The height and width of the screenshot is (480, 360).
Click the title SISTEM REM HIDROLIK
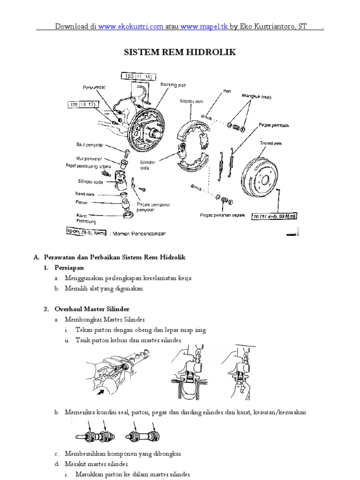[180, 52]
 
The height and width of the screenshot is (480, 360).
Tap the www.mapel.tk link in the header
[204, 27]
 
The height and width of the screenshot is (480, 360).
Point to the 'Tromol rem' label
[270, 143]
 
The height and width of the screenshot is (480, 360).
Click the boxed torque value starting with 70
[277, 217]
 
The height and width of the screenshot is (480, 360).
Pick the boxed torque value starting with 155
[135, 75]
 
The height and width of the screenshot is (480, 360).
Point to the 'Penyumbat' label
[96, 87]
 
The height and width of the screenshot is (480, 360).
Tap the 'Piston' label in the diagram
[82, 202]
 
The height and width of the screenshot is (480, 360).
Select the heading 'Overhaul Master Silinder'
[92, 309]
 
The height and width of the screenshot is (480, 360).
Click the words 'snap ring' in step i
[194, 330]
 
